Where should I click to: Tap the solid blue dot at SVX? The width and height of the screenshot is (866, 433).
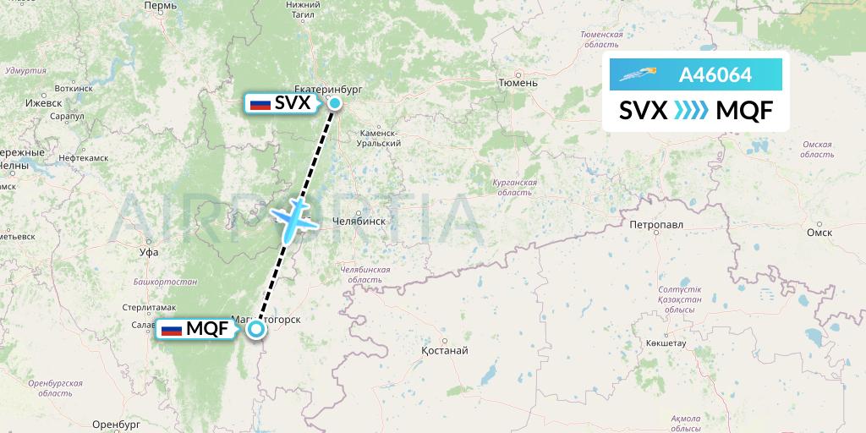pos(335,104)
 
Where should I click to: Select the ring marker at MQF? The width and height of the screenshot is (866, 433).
pos(255,330)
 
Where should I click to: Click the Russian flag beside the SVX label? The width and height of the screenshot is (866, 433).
pos(260,104)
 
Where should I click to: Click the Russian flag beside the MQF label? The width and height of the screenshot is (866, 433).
pos(171,330)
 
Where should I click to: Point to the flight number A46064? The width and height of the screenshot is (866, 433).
pos(715,75)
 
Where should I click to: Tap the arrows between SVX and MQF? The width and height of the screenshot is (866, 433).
pos(691,111)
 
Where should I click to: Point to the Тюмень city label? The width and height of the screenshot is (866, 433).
pos(518,83)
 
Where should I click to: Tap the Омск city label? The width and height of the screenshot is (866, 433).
pos(819,232)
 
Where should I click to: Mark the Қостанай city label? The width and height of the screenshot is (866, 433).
pos(444,350)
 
